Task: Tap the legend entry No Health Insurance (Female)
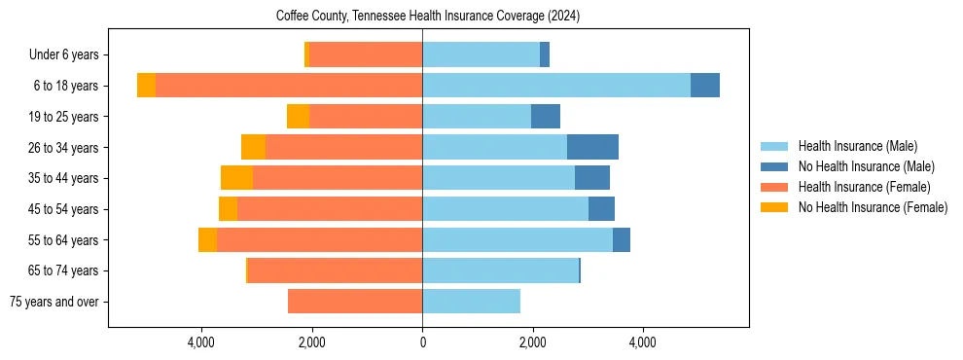873,207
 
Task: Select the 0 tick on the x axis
422,342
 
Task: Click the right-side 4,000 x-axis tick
642,342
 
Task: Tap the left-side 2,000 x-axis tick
312,342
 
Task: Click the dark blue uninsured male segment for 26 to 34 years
592,147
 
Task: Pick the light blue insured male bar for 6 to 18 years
555,86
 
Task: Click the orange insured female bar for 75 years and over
355,302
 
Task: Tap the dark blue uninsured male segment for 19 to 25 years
546,117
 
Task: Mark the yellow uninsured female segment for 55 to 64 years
207,239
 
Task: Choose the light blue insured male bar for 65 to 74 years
500,270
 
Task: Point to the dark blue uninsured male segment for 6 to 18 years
705,86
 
